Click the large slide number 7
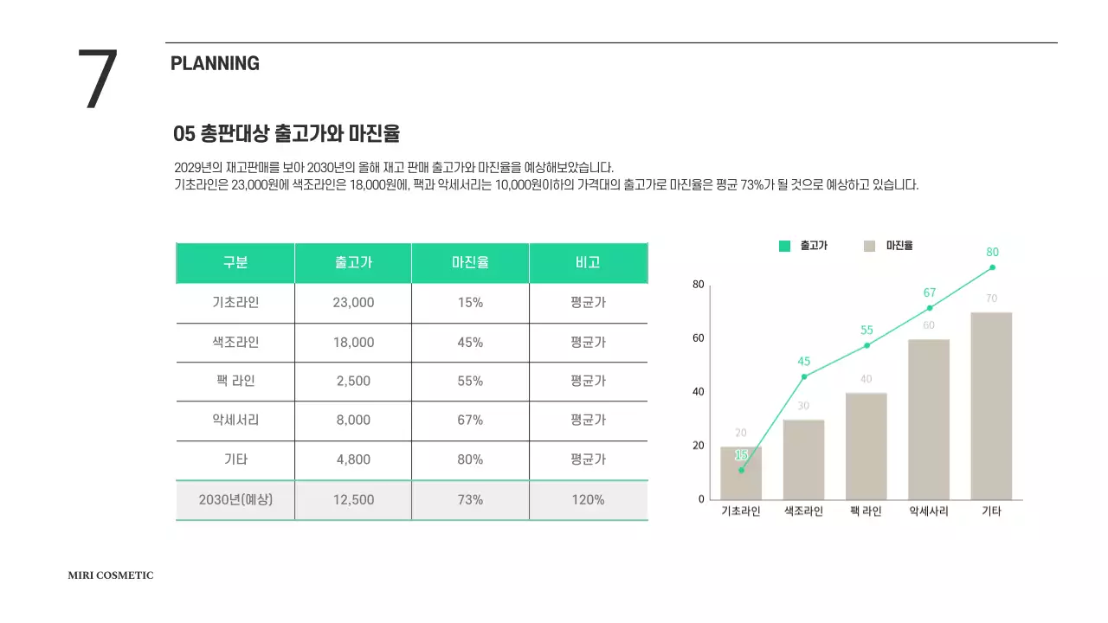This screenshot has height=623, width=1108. tap(98, 80)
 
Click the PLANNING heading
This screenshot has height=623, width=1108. tap(215, 63)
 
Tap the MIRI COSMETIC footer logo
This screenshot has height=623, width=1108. tap(111, 575)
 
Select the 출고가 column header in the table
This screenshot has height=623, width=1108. tap(353, 263)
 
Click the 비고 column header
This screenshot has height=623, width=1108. tap(588, 263)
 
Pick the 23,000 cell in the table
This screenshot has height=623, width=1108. tap(353, 303)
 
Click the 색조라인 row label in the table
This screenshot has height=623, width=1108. tap(235, 342)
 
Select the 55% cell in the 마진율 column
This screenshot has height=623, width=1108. tap(470, 381)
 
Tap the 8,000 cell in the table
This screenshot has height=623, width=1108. tap(353, 420)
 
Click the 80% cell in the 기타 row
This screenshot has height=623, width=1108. tap(470, 459)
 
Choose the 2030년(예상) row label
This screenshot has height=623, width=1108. tap(235, 499)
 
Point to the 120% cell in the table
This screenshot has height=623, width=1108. tap(588, 499)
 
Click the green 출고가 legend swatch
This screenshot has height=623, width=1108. tap(784, 246)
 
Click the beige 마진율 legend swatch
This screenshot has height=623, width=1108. tap(870, 246)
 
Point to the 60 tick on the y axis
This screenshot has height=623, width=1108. tap(697, 338)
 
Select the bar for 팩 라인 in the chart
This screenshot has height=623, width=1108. tap(866, 446)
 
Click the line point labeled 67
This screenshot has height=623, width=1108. tap(930, 308)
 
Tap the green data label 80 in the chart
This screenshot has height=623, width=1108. tap(992, 252)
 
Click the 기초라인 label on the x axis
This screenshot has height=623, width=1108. tap(741, 511)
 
